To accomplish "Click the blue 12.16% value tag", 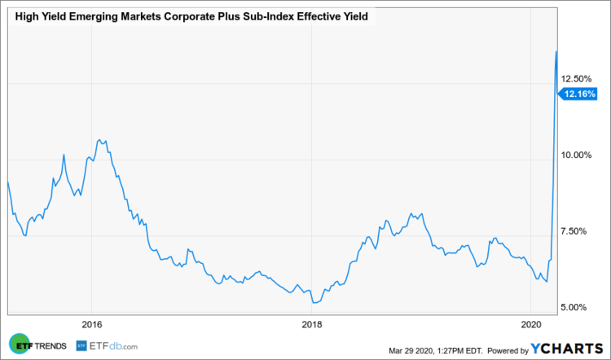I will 578,94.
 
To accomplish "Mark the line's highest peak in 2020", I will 556,51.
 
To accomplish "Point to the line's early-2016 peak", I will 99,140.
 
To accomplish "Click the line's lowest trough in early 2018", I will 314,302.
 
